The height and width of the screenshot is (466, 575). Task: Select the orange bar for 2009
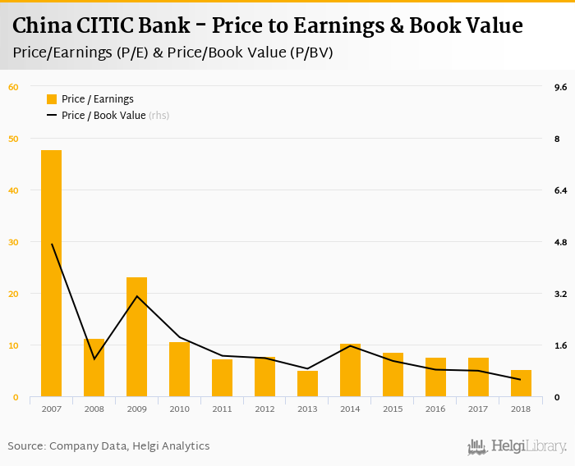(136, 337)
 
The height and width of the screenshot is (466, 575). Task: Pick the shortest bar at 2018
(521, 383)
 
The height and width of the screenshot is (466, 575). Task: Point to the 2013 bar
(307, 384)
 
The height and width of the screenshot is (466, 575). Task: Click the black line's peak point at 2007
(52, 244)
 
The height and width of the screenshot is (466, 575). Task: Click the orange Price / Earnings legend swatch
(52, 99)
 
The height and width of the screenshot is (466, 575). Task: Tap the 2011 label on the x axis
(222, 409)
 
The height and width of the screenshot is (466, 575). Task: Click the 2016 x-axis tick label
(435, 409)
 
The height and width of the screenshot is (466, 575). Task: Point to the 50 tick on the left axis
(13, 139)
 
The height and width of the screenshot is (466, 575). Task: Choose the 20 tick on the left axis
(13, 294)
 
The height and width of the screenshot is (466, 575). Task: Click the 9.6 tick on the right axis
(561, 87)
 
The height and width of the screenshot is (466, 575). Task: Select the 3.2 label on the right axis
(561, 294)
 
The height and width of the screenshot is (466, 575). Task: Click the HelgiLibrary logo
(517, 446)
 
